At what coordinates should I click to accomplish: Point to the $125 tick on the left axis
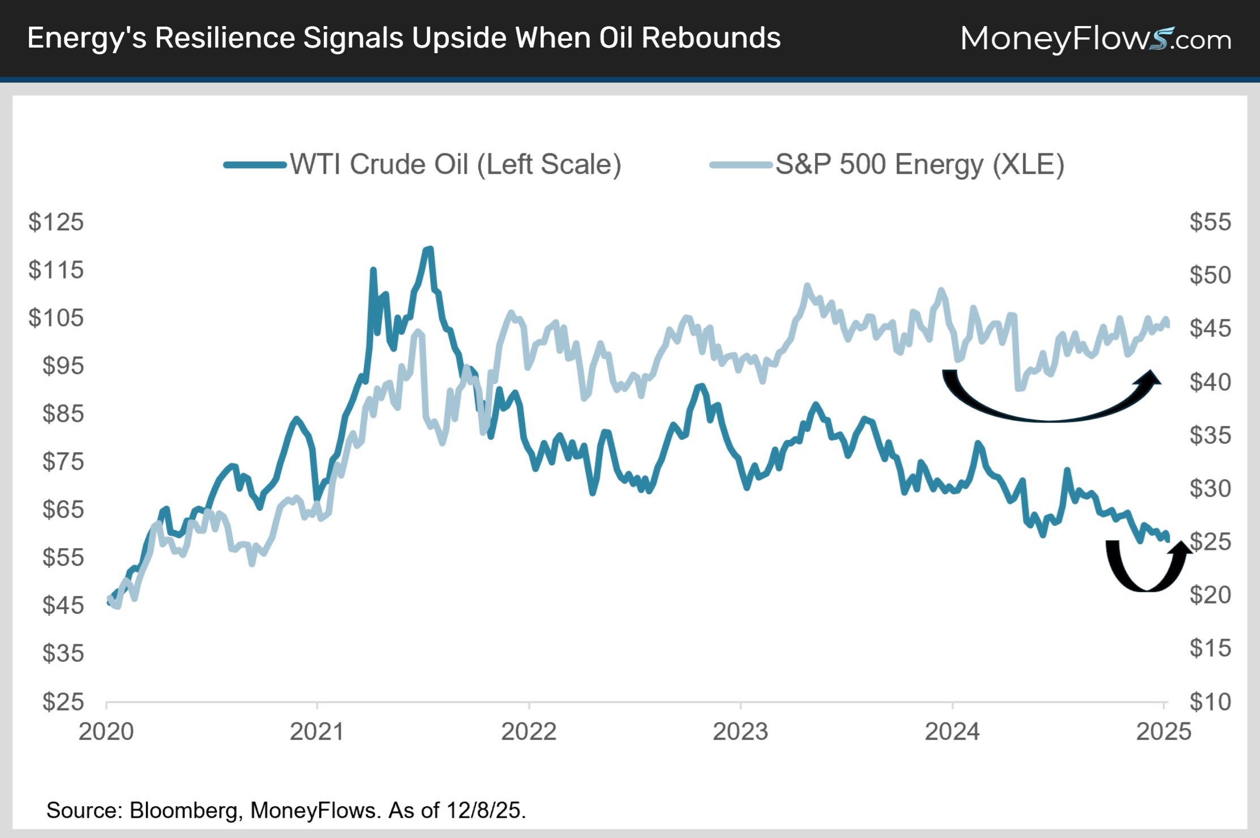point(56,222)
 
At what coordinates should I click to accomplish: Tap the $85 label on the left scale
point(63,414)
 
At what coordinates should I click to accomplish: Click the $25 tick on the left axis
point(63,702)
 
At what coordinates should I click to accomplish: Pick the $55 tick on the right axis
point(1210,222)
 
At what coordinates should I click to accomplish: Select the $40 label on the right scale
point(1210,382)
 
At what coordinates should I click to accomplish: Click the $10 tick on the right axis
point(1210,702)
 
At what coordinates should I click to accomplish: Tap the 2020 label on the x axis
point(106,732)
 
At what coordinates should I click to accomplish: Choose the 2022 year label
point(529,732)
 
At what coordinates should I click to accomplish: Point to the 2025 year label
point(1163,732)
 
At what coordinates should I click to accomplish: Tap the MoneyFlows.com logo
point(1095,39)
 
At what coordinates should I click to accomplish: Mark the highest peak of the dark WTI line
point(429,249)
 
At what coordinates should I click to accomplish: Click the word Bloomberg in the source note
point(183,810)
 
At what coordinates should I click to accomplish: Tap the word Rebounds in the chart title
point(711,39)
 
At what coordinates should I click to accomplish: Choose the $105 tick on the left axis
point(56,318)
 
